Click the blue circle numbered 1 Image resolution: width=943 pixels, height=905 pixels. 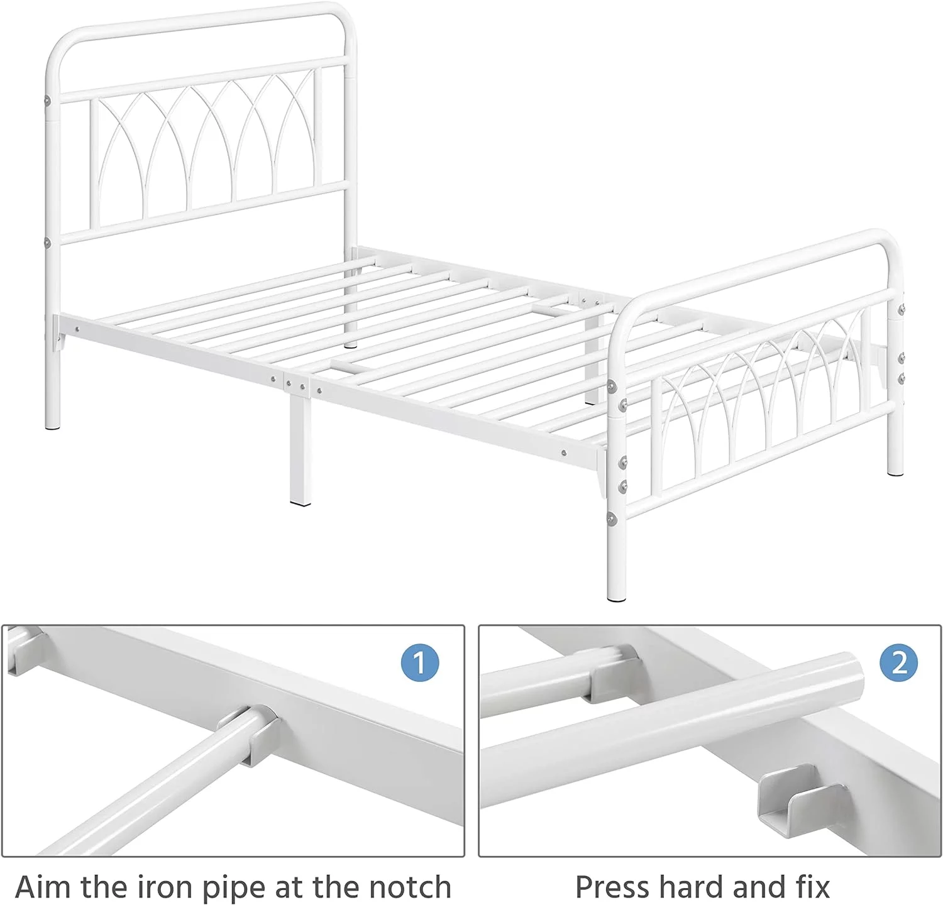[419, 663]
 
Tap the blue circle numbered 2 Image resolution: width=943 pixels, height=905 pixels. [899, 663]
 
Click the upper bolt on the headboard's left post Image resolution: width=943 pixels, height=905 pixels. [48, 99]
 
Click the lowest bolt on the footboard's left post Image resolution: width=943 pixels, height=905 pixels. [611, 517]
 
